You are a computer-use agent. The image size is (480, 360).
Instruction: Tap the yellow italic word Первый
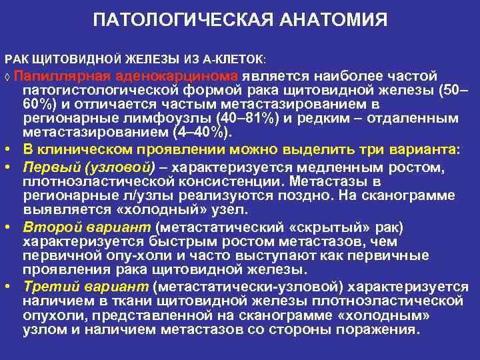(x=47, y=167)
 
